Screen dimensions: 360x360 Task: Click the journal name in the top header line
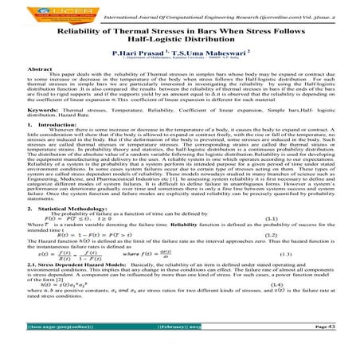pos(230,10)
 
